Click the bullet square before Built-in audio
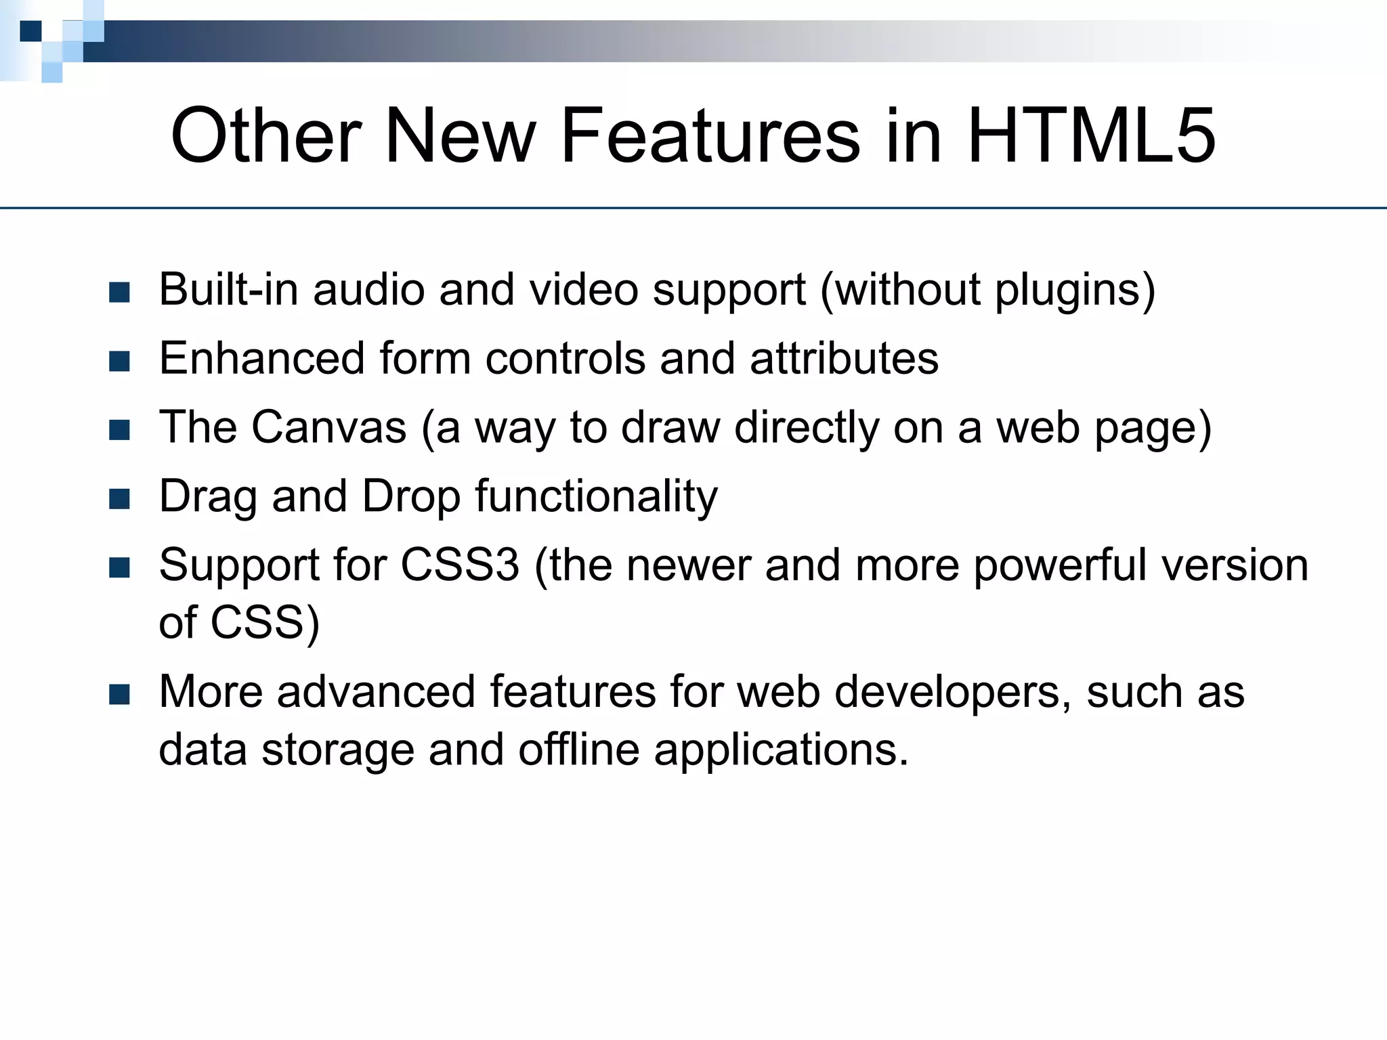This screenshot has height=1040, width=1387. [119, 292]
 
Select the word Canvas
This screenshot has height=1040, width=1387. [329, 427]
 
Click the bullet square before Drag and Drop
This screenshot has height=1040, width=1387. [119, 499]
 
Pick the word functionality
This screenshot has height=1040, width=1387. [596, 497]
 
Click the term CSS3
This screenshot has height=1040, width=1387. [460, 565]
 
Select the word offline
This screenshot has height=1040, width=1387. [578, 750]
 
